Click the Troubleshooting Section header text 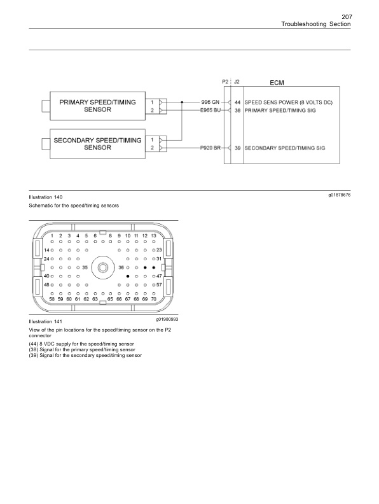316,24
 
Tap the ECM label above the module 277,83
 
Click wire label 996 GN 210,102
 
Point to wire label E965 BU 209,110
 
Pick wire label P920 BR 210,148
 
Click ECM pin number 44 237,102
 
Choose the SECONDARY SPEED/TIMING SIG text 285,148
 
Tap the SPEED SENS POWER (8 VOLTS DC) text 289,102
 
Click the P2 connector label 225,82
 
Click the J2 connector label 237,82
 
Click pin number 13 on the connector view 153,236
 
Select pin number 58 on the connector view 52,298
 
